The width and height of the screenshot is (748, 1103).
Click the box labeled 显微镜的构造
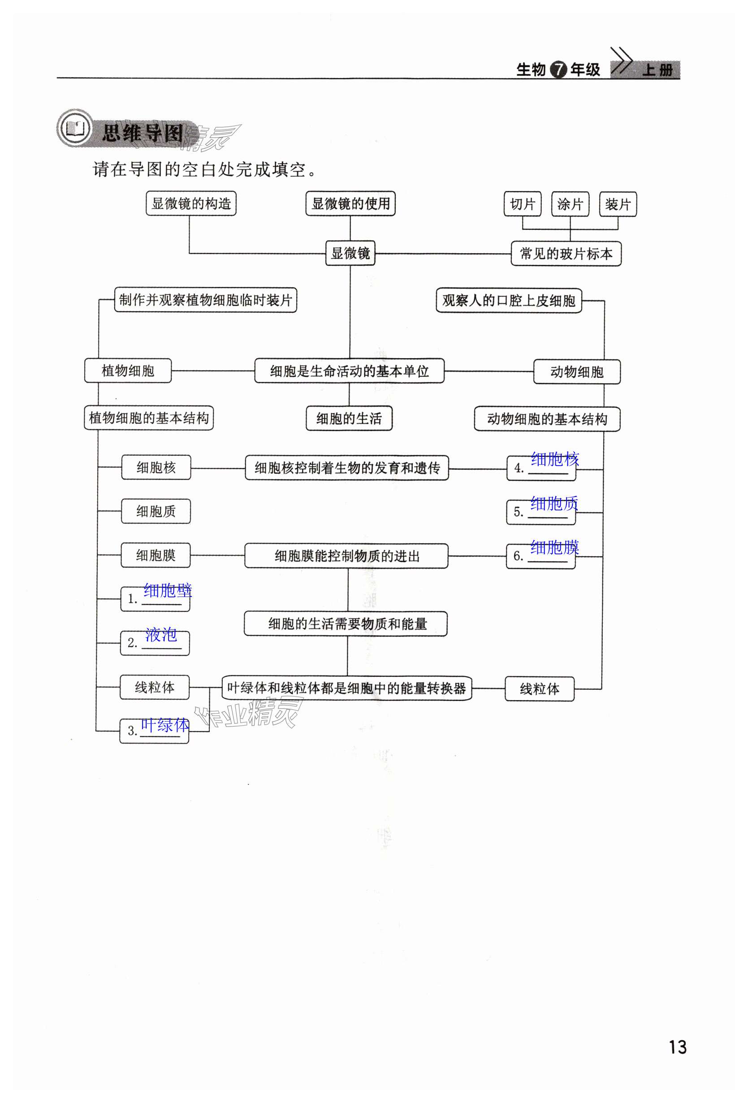click(190, 203)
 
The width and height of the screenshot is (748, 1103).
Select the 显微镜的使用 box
click(350, 203)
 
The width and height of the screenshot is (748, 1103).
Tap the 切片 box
click(522, 204)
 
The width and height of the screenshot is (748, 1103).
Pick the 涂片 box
click(570, 204)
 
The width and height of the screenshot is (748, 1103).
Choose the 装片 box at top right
click(618, 204)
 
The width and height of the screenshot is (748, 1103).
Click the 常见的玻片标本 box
click(566, 254)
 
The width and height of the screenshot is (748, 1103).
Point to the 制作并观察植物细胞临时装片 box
click(206, 300)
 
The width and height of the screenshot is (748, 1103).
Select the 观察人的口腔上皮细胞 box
click(509, 300)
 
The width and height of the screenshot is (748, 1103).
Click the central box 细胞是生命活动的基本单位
click(349, 371)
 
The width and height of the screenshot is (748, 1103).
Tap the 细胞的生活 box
click(349, 418)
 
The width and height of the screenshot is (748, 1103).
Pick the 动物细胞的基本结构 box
click(547, 419)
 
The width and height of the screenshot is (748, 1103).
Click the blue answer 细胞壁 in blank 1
click(168, 590)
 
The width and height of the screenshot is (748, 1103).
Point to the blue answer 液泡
click(161, 634)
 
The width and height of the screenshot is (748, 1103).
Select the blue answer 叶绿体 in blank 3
click(164, 725)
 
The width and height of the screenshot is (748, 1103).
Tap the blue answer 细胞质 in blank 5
click(554, 503)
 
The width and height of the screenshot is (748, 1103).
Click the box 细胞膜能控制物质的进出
click(346, 556)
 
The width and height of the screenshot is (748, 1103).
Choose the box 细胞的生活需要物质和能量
click(346, 623)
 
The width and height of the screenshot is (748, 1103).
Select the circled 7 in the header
click(558, 70)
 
